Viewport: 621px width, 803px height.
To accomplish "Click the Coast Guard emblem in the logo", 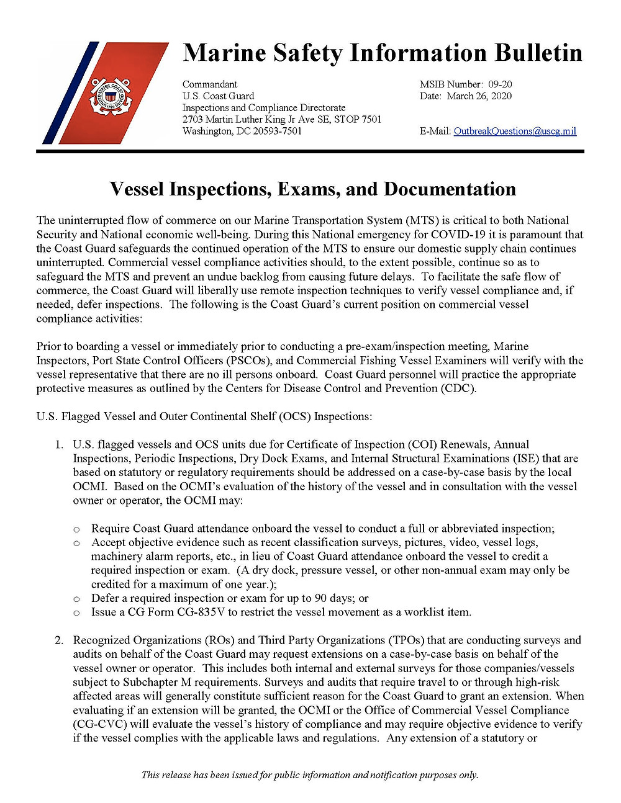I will (111, 96).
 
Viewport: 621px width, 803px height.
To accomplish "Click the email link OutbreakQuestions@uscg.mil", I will (515, 131).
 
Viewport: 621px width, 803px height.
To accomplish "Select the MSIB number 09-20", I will (500, 84).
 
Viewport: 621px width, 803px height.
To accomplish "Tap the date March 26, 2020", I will (479, 96).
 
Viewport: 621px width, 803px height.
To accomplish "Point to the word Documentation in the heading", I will (450, 189).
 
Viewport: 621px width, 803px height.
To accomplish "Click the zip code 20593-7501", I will (277, 131).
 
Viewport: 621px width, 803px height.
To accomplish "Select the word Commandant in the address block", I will (210, 84).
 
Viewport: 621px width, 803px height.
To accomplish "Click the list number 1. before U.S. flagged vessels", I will (59, 444).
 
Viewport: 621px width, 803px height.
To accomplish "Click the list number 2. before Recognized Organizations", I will (59, 640).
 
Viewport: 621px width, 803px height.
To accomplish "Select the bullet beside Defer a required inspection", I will (77, 599).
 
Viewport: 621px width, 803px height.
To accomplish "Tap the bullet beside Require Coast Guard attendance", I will (77, 529).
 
